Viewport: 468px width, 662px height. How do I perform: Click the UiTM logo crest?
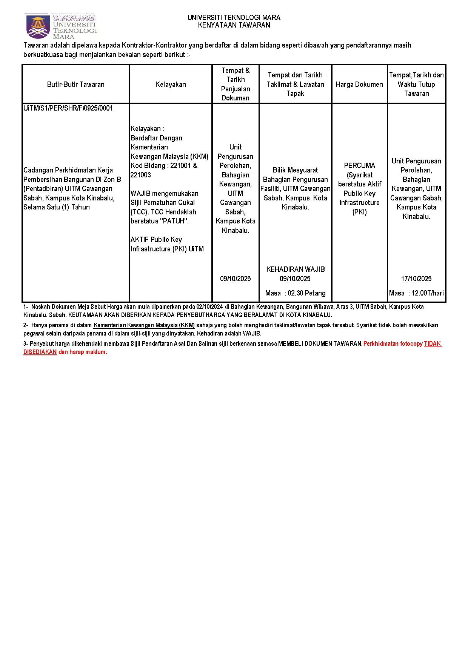[38, 26]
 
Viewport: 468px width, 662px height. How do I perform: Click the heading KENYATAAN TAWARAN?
[234, 25]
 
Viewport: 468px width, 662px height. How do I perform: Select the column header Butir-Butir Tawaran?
[75, 85]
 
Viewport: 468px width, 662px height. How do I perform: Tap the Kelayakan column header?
[171, 85]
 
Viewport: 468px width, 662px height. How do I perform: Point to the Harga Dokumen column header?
[359, 85]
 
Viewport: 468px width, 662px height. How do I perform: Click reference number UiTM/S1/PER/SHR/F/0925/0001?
[68, 108]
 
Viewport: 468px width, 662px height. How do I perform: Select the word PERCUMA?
[359, 166]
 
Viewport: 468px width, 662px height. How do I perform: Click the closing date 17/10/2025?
[416, 279]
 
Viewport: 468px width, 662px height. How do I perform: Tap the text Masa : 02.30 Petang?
[295, 293]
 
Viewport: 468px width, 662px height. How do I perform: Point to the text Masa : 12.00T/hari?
[416, 293]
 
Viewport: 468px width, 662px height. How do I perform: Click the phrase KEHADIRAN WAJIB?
[295, 269]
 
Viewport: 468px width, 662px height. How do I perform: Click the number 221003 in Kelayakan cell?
[141, 175]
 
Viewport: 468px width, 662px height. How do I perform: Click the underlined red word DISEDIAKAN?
[40, 352]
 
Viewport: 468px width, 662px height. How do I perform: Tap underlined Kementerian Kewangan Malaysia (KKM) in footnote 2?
[144, 325]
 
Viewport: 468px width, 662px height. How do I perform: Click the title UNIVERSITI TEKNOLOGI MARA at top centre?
[234, 18]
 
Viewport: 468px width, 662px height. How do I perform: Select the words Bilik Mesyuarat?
[295, 170]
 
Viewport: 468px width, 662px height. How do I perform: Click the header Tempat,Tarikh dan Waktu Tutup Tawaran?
[416, 85]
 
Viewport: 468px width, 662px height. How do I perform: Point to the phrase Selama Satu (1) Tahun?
[57, 207]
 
